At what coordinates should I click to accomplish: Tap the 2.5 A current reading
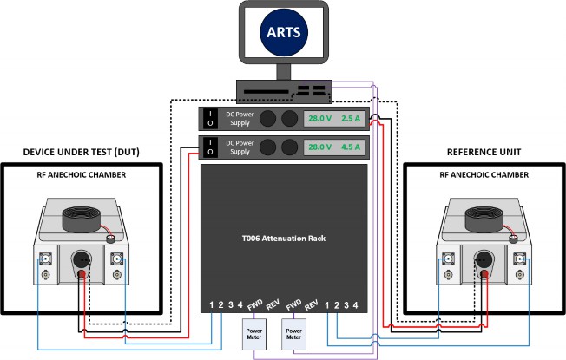(x=351, y=119)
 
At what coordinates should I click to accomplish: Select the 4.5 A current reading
(x=351, y=147)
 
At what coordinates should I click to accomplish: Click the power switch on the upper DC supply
(x=209, y=119)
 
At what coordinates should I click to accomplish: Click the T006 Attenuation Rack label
(x=283, y=236)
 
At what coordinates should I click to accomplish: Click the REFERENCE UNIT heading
(x=484, y=152)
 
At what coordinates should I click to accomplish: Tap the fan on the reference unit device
(x=484, y=214)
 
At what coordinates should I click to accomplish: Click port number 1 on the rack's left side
(x=211, y=304)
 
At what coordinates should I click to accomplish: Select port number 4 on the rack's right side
(x=355, y=304)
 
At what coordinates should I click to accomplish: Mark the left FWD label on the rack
(x=255, y=304)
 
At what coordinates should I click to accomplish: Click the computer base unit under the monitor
(x=283, y=89)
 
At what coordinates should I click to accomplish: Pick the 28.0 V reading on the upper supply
(x=320, y=119)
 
